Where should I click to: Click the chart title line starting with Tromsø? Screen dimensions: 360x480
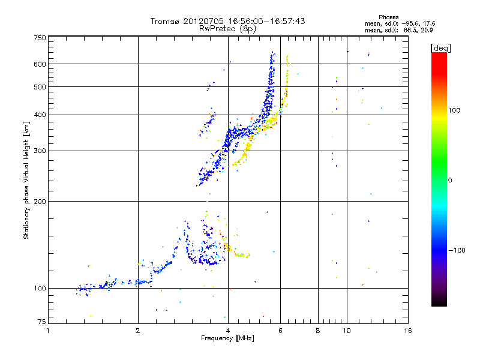[x=227, y=21]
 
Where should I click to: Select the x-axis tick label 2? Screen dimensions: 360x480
[x=138, y=331]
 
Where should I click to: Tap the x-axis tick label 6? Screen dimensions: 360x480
[x=280, y=331]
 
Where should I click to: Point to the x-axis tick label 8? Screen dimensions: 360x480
[x=318, y=331]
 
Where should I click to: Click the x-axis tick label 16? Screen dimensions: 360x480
[x=407, y=331]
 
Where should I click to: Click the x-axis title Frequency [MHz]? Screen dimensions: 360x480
[x=227, y=339]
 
